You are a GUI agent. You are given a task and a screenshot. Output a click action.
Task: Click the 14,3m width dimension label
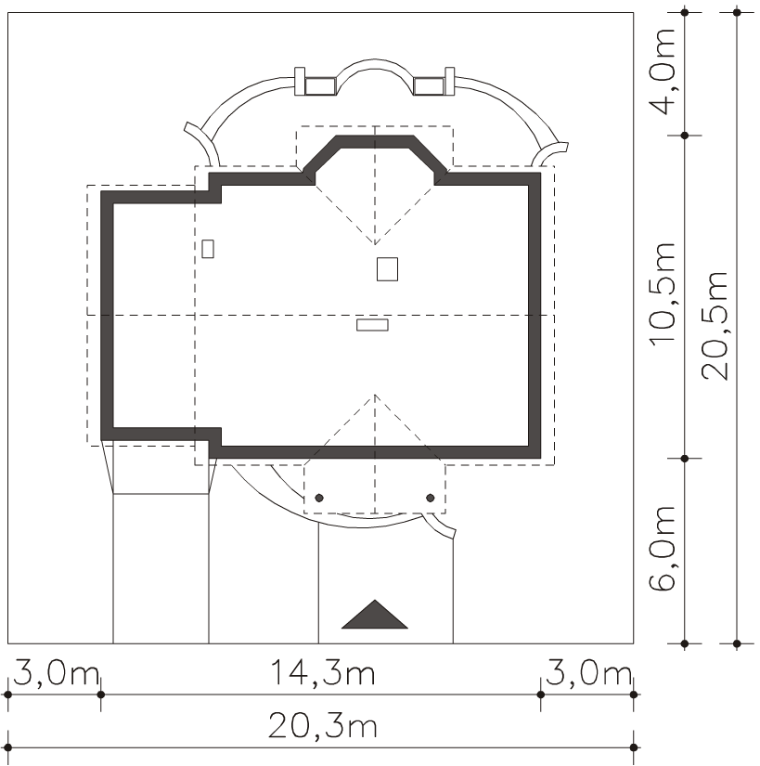pos(323,674)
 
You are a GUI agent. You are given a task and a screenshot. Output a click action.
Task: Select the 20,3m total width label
pos(323,726)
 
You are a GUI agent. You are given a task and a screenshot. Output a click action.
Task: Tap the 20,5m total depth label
pos(715,326)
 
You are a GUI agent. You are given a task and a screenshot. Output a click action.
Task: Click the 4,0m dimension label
pos(662,71)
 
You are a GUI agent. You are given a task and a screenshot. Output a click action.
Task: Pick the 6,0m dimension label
pos(662,549)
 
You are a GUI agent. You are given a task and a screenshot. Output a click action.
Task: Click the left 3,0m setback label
pos(56,674)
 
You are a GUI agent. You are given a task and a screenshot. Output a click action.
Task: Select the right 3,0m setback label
pos(588,674)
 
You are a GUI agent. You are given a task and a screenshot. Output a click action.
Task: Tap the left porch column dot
pos(319,498)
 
